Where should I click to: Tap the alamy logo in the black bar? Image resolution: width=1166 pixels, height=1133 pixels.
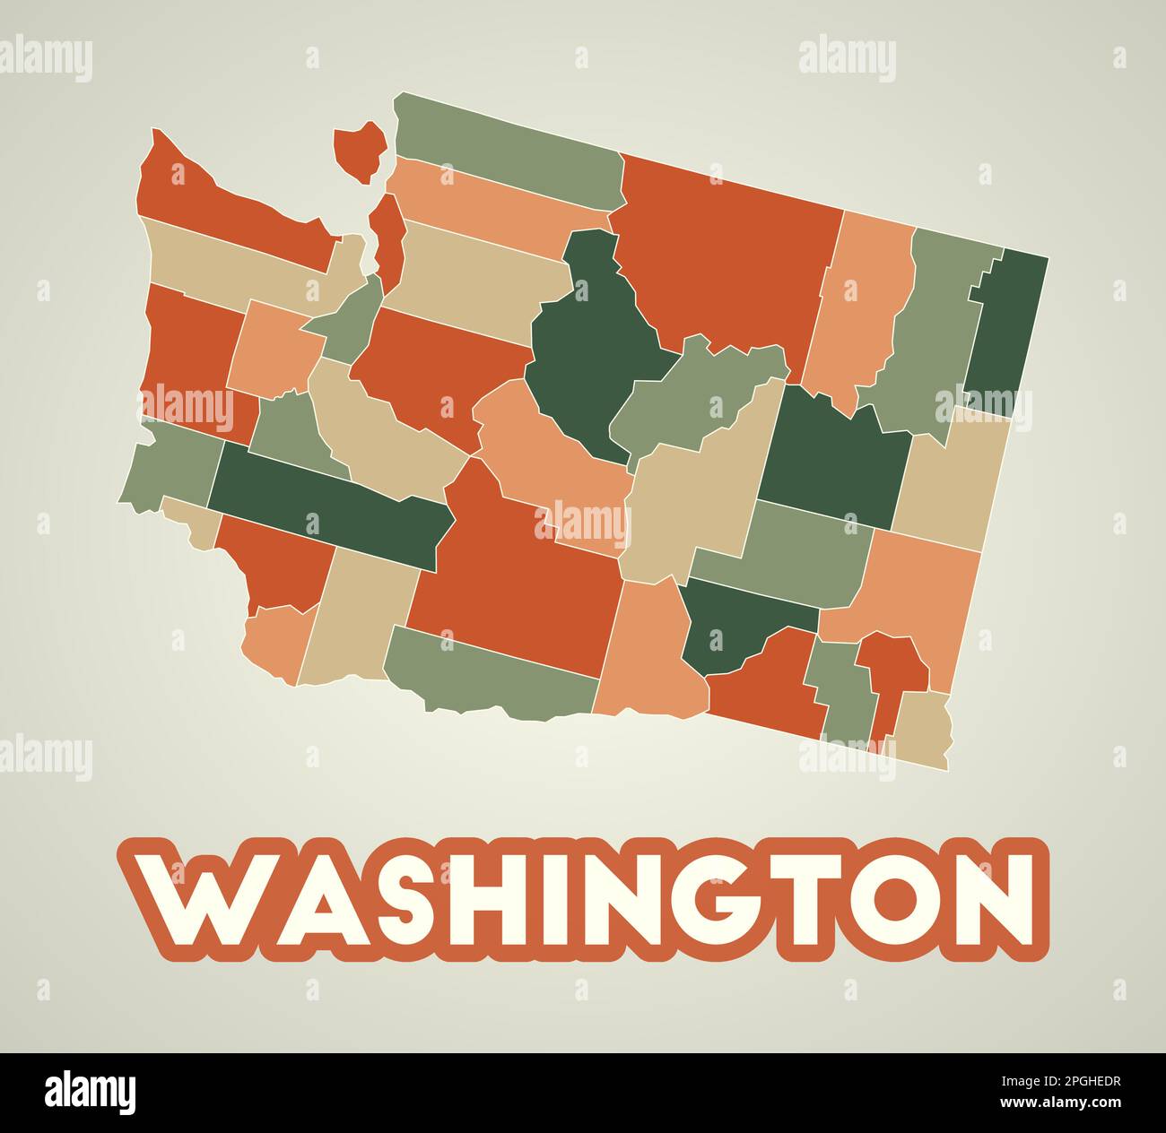coord(91,1093)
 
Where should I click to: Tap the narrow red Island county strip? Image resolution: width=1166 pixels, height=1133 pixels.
coord(388,238)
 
